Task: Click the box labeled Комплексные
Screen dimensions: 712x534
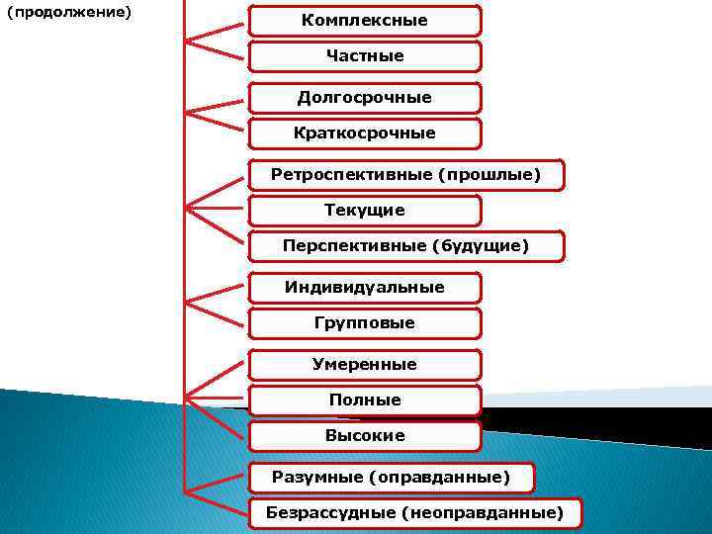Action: point(364,21)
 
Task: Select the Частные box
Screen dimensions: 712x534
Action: point(364,56)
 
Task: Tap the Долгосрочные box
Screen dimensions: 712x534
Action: point(364,98)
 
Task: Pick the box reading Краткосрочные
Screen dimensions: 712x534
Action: point(364,133)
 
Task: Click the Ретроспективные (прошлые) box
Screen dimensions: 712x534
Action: point(405,175)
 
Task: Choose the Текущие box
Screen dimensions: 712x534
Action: point(364,211)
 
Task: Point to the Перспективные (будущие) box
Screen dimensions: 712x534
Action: point(405,246)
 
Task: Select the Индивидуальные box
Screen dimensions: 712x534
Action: point(364,288)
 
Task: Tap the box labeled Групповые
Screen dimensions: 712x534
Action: point(364,323)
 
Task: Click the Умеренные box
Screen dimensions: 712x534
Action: point(364,365)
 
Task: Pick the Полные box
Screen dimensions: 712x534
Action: point(364,400)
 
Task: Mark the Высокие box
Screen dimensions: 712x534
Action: point(364,436)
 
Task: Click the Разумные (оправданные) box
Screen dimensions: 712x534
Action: point(391,478)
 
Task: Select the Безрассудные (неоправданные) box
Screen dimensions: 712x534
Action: point(414,513)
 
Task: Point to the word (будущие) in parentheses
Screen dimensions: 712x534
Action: point(480,246)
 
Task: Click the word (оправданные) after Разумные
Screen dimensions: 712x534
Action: point(439,478)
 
